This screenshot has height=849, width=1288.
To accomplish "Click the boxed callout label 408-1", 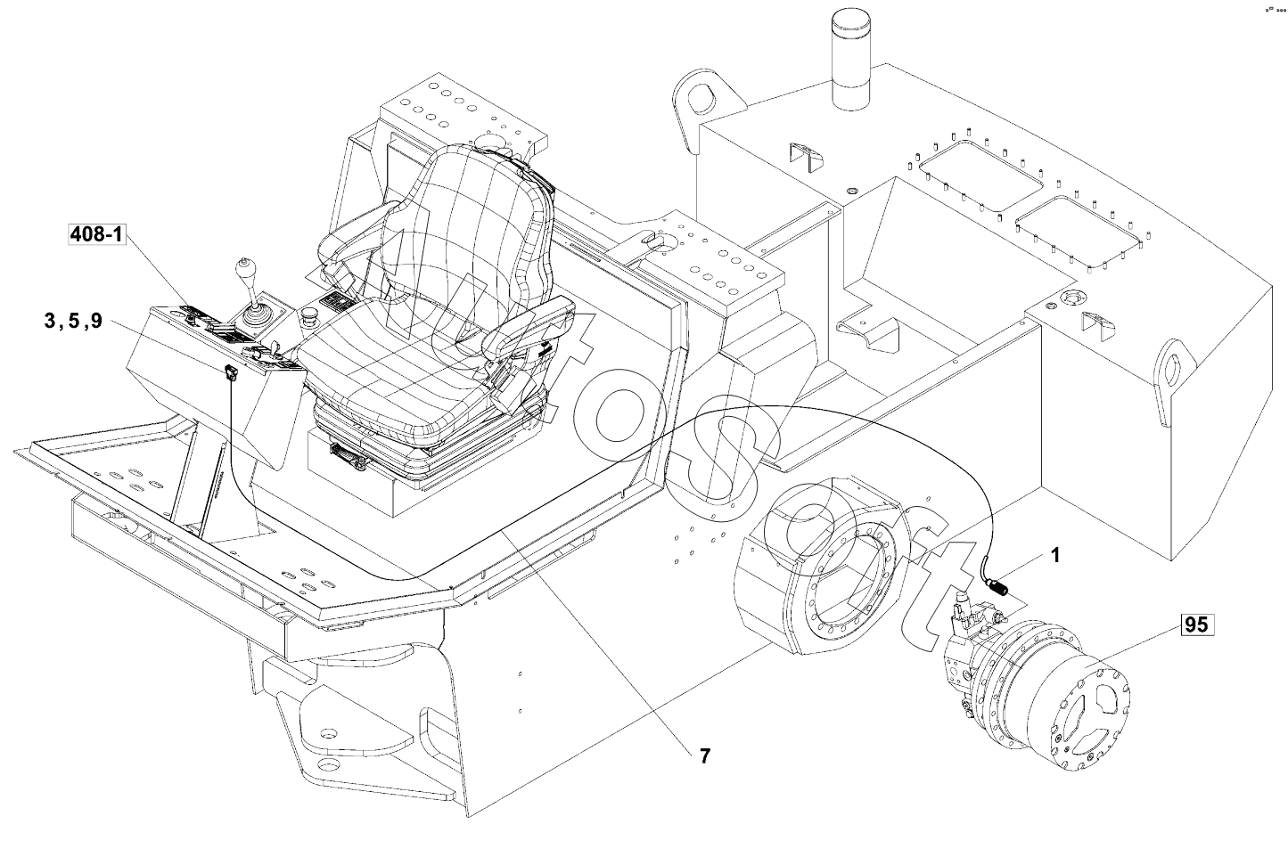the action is click(x=96, y=234).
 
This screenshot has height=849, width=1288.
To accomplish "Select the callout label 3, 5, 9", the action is click(x=74, y=321).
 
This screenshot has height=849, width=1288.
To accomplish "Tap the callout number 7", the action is click(x=705, y=755).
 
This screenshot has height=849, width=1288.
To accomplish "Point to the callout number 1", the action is click(x=1054, y=555).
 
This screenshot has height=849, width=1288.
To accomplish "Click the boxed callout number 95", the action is click(x=1196, y=625).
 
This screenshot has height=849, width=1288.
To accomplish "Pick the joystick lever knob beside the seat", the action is click(x=245, y=270).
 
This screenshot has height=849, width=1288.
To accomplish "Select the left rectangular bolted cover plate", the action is click(x=981, y=176).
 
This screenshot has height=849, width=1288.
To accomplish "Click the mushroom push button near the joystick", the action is click(x=309, y=315).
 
